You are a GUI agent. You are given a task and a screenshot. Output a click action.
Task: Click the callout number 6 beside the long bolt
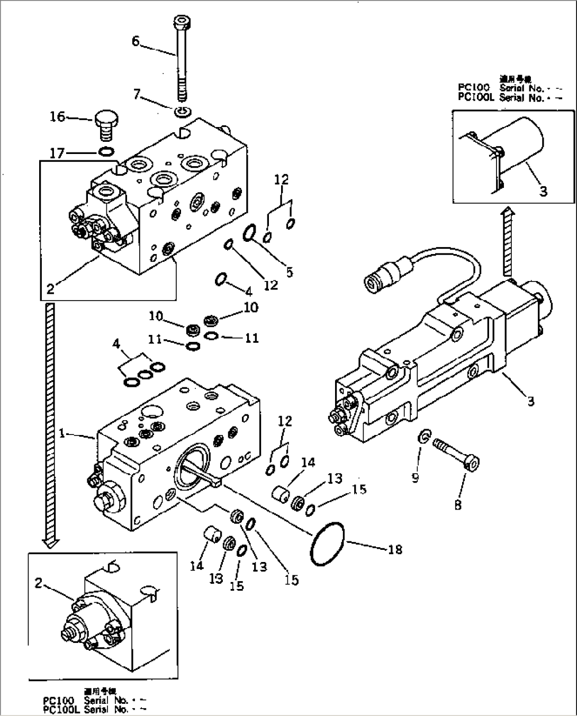click(x=136, y=41)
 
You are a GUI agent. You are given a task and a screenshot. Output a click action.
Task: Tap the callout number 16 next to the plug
click(x=57, y=116)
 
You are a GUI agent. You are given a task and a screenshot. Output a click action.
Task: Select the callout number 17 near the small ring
click(x=57, y=153)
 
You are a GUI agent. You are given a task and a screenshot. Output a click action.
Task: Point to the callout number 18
click(x=394, y=549)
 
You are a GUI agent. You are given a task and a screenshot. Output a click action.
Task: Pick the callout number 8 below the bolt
click(x=457, y=505)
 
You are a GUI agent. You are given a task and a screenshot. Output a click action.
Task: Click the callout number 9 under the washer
click(x=416, y=478)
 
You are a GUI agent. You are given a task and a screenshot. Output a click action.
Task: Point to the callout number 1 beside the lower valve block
click(x=62, y=433)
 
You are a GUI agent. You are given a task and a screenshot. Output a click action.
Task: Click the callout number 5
click(x=289, y=273)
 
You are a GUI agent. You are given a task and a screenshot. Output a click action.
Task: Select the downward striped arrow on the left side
click(x=50, y=423)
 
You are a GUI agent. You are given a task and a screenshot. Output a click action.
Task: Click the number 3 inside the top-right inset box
click(x=543, y=191)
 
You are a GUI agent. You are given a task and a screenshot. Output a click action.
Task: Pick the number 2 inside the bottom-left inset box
click(x=38, y=583)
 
